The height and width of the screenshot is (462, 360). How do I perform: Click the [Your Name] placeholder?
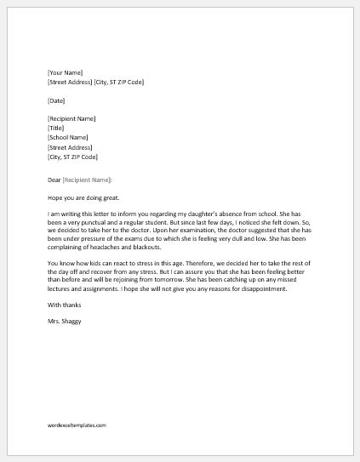coord(65,73)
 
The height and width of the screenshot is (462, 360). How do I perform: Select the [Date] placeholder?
coord(56,100)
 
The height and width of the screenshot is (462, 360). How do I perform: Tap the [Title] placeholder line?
coord(56,128)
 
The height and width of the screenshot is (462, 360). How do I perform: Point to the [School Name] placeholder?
coord(68,138)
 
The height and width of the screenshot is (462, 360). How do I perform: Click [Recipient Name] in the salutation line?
coord(87,180)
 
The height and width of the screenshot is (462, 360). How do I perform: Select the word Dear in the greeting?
coord(54,180)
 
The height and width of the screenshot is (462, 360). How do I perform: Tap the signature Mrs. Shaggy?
coord(66,322)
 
